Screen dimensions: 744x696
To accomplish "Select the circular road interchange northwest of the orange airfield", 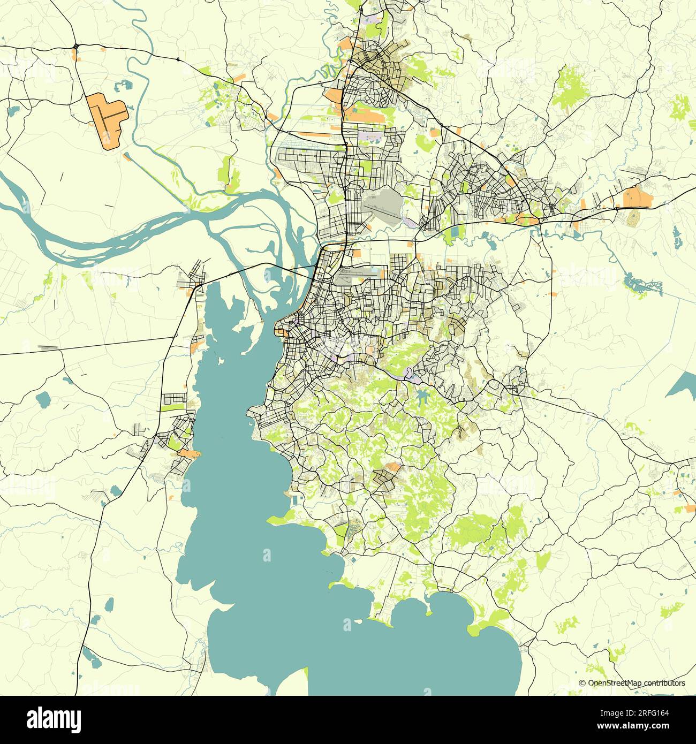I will pos(77,47).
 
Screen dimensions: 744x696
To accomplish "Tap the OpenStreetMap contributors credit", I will pos(632,683).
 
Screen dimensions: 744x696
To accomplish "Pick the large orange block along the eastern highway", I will pos(638,198).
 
